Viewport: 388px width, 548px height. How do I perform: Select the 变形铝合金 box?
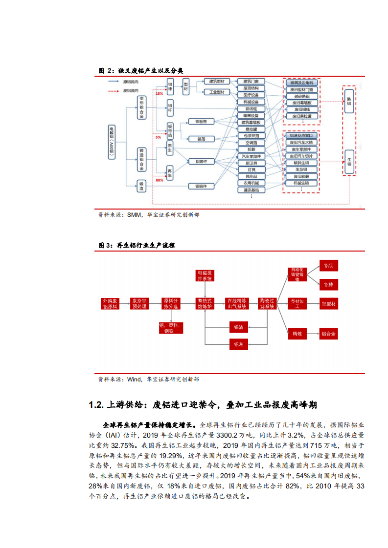click(x=141, y=108)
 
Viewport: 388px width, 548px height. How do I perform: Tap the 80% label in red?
click(x=159, y=180)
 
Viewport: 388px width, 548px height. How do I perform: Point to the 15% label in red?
click(x=159, y=93)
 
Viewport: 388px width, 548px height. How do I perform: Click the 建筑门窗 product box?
click(x=251, y=81)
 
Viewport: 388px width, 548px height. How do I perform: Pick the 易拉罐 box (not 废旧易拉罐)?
click(x=251, y=129)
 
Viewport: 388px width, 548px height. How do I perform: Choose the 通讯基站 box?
click(x=251, y=190)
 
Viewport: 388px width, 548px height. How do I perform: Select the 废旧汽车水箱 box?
click(x=301, y=142)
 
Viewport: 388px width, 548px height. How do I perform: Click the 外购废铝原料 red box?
click(x=110, y=303)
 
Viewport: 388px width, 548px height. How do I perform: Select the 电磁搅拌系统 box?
click(x=205, y=275)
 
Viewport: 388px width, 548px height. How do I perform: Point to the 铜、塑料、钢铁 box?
click(x=169, y=328)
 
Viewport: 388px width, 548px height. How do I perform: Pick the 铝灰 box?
click(x=238, y=344)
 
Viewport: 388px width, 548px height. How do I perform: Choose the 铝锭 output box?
click(x=328, y=266)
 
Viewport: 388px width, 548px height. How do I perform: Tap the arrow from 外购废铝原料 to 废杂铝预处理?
click(x=123, y=303)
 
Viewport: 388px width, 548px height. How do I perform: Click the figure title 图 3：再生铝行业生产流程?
click(x=137, y=245)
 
